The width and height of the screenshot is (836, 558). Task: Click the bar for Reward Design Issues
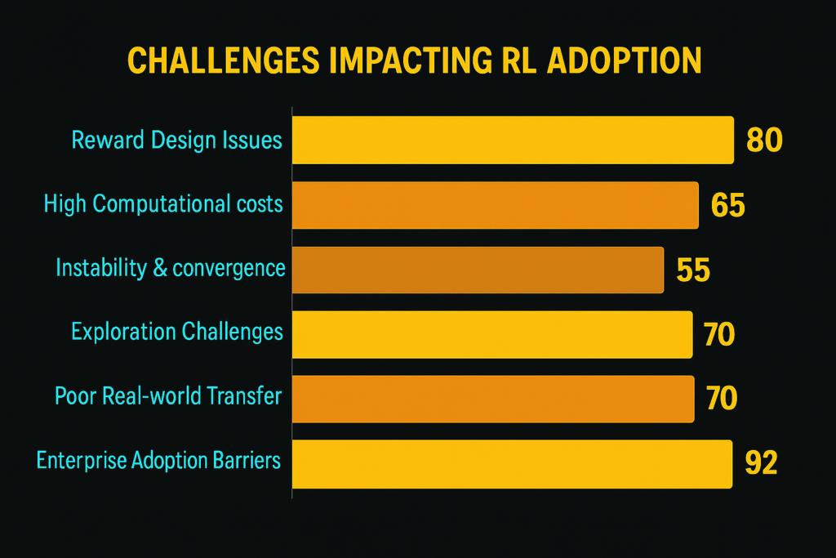click(513, 140)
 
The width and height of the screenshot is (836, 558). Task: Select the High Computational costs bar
click(495, 204)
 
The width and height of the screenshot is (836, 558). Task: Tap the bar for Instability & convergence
click(478, 269)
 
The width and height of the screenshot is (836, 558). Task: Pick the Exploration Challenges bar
click(492, 334)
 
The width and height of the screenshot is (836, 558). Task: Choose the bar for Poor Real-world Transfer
click(493, 399)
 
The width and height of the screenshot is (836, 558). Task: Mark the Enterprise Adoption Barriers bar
click(512, 463)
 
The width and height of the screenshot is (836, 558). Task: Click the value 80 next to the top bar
click(764, 141)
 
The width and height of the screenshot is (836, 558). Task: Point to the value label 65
click(727, 205)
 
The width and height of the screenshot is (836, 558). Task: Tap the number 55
click(693, 270)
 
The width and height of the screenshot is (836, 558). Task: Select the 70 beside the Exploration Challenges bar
click(718, 334)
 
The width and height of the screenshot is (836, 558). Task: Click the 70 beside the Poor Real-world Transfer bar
click(720, 399)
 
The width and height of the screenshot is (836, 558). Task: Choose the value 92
click(761, 463)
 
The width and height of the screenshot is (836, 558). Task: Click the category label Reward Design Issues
click(176, 140)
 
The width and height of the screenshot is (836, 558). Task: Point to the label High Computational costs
click(163, 203)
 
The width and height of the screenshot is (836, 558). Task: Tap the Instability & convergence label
click(170, 267)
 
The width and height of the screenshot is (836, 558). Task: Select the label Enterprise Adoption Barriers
click(158, 461)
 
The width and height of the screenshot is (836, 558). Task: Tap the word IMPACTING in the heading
click(420, 63)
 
